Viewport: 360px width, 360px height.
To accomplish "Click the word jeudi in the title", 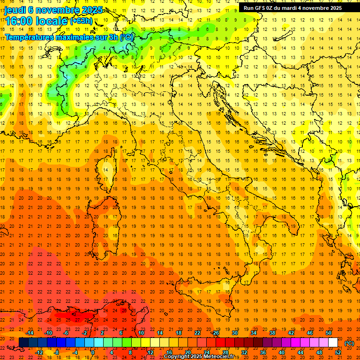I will pyautogui.click(x=15, y=10).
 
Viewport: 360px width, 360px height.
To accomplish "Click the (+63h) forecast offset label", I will pyautogui.click(x=81, y=21).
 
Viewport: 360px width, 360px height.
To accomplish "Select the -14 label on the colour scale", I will pyautogui.click(x=30, y=333).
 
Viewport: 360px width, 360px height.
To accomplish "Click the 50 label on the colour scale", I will pyautogui.click(x=329, y=333).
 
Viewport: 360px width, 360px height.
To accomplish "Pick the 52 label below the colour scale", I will pyautogui.click(x=338, y=352).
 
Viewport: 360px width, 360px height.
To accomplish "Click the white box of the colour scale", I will pyautogui.click(x=333, y=343).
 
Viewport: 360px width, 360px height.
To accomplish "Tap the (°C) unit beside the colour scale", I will pyautogui.click(x=349, y=343).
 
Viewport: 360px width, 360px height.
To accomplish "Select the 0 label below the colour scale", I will pyautogui.click(x=92, y=352).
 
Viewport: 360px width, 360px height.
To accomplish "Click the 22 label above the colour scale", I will pyautogui.click(x=197, y=333).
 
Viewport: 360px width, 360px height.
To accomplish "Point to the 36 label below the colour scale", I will pyautogui.click(x=263, y=352).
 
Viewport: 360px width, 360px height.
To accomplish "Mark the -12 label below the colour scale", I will pyautogui.click(x=39, y=352).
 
